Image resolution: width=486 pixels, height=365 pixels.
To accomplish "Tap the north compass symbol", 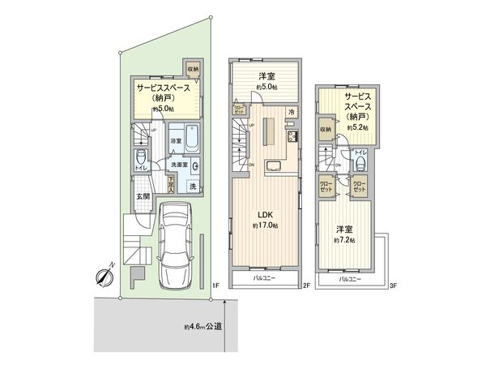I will tap(105, 277).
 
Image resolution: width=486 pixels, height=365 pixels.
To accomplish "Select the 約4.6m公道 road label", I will tap(203, 327).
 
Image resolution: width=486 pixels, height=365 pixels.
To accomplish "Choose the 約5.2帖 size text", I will tap(357, 127).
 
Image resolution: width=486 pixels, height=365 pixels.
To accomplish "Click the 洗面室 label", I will tap(178, 165).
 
